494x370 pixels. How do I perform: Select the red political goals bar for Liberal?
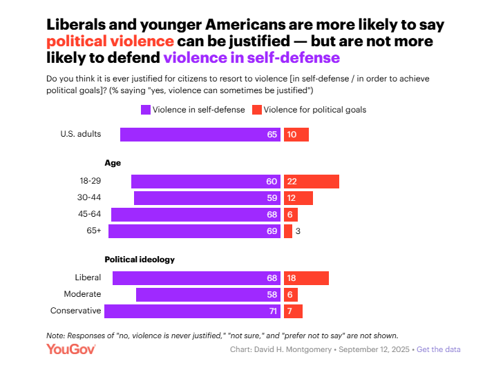point(306,278)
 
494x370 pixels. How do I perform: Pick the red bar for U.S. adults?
point(296,135)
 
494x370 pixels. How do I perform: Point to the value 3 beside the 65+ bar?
point(298,231)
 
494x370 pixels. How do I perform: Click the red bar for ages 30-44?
point(298,198)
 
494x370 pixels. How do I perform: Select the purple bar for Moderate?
point(208,295)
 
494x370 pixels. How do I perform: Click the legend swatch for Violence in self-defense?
point(146,110)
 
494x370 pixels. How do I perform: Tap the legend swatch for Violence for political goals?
point(256,110)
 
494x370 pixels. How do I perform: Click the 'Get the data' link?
point(439,349)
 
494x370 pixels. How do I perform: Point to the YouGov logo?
point(71,349)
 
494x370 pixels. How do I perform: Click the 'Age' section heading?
point(113,163)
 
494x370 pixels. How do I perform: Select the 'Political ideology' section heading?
point(140,260)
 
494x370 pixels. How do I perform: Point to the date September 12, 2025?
point(373,349)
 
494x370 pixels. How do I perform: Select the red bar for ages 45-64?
point(291,215)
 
